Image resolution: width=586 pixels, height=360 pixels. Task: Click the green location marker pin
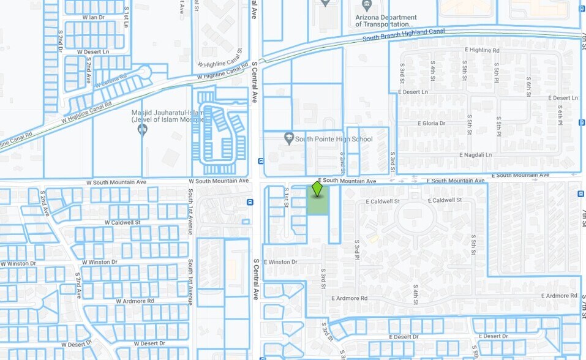click(x=317, y=189)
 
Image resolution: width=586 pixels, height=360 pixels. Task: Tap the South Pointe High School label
click(x=333, y=140)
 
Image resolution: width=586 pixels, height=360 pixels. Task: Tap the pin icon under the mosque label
click(x=143, y=129)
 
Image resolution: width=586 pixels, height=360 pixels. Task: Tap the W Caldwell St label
click(x=122, y=223)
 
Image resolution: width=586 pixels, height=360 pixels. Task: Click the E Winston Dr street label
click(x=281, y=262)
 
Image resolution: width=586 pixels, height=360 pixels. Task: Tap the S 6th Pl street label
click(x=560, y=114)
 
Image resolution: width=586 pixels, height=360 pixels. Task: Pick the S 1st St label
click(x=286, y=197)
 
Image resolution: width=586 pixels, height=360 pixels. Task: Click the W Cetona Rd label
click(x=111, y=80)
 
